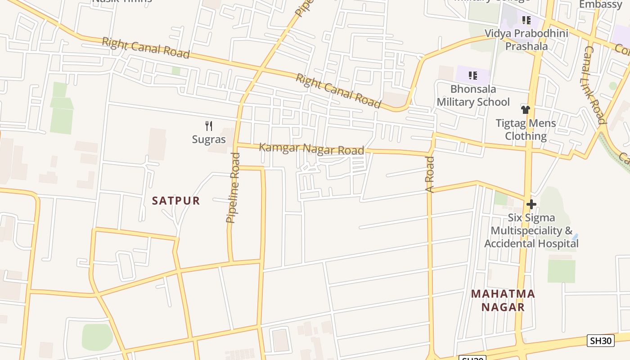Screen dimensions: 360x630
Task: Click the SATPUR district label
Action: click(176, 201)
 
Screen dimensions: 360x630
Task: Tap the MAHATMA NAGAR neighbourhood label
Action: click(503, 300)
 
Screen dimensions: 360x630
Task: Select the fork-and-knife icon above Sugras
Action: click(208, 126)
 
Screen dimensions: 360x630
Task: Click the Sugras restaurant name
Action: click(209, 139)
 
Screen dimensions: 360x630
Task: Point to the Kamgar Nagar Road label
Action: click(311, 148)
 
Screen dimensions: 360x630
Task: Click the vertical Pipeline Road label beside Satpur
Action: click(233, 188)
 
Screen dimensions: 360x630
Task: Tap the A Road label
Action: click(430, 175)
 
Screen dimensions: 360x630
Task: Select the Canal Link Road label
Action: click(594, 84)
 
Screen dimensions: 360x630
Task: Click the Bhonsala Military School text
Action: click(473, 95)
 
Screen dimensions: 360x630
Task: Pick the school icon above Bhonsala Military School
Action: click(472, 75)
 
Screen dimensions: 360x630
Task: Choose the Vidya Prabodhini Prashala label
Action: click(526, 40)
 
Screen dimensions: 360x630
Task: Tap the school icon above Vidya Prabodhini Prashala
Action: click(526, 20)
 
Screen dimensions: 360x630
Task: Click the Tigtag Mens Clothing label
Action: click(526, 129)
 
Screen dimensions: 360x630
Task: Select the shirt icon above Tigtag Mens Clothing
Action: click(525, 109)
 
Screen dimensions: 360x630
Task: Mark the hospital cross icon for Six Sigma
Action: click(531, 204)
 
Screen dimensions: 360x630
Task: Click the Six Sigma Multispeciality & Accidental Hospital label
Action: click(531, 230)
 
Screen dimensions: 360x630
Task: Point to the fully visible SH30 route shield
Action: click(601, 341)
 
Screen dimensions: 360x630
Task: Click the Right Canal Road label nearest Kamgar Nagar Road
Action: click(338, 91)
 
